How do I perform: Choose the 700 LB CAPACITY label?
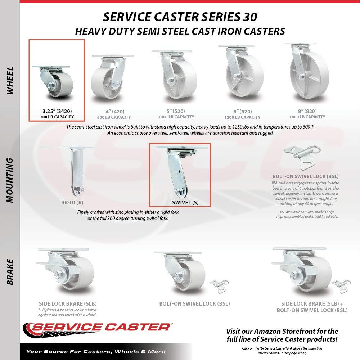pyautogui.click(x=57, y=117)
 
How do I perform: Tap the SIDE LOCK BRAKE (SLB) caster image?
pyautogui.click(x=67, y=272)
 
